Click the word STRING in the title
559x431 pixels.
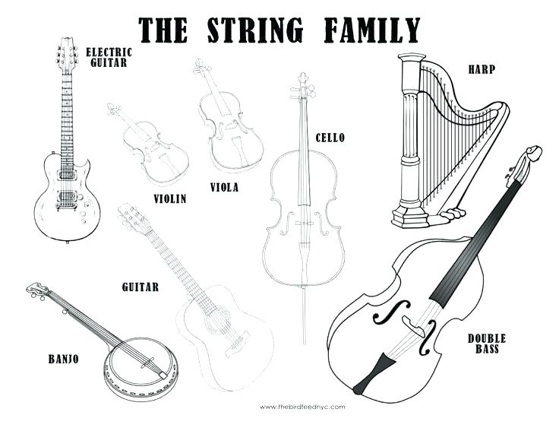click(x=255, y=30)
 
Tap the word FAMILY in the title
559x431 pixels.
click(x=372, y=30)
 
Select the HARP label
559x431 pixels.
click(x=482, y=69)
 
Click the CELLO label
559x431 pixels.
click(x=330, y=138)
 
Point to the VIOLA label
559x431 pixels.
click(x=224, y=187)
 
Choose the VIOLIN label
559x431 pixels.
click(x=170, y=198)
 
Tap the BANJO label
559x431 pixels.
click(x=64, y=359)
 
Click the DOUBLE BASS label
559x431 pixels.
click(x=487, y=344)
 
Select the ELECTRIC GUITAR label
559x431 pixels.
click(x=109, y=58)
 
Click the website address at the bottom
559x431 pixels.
click(x=302, y=407)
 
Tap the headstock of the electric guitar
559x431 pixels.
click(x=67, y=55)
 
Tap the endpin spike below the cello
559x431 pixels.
click(x=304, y=315)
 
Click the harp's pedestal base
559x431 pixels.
click(x=410, y=216)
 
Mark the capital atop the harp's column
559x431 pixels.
click(x=412, y=59)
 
